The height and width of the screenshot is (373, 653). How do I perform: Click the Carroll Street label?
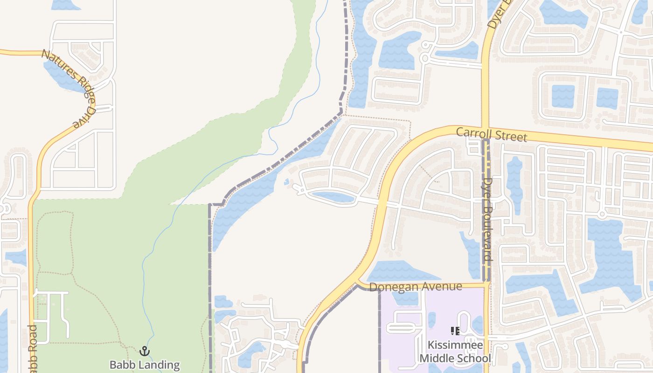[491, 134]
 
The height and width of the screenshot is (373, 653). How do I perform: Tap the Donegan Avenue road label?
[415, 286]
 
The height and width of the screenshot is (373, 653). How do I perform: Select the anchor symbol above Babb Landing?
[145, 351]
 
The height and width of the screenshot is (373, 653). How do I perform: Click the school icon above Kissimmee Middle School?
[455, 332]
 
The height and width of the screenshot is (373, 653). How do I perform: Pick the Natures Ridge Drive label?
[69, 87]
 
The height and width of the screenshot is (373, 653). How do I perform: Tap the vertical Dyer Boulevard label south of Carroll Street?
[487, 219]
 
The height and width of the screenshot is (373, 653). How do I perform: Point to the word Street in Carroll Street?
[509, 136]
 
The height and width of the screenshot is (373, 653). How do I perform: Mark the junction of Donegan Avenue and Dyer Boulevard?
[486, 283]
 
